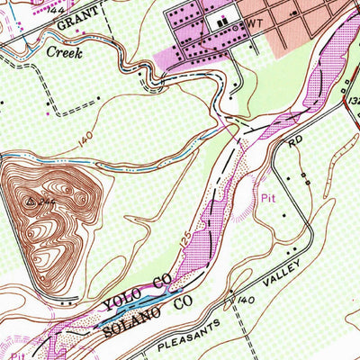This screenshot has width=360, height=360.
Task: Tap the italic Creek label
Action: tap(63, 54)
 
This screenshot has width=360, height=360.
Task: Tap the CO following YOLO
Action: tap(161, 282)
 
